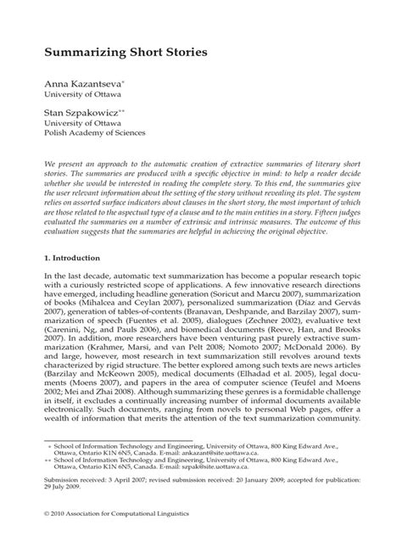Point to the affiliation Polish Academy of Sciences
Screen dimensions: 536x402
(96, 133)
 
